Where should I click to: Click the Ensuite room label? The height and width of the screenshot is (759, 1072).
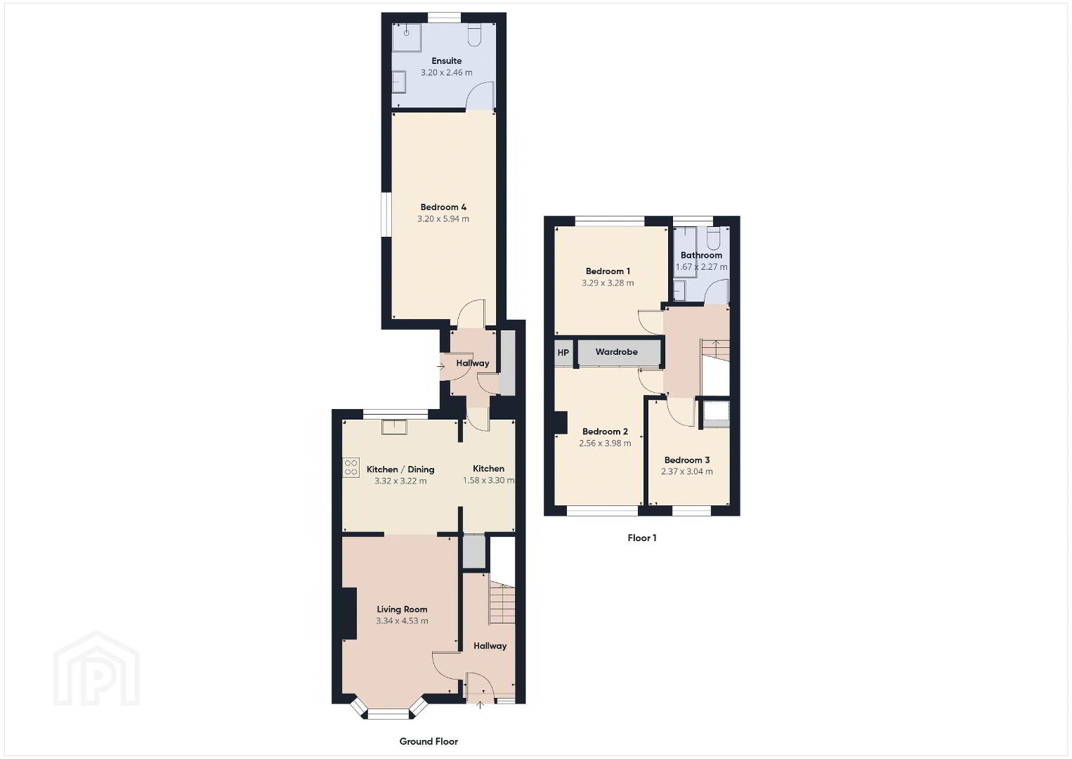pyautogui.click(x=447, y=61)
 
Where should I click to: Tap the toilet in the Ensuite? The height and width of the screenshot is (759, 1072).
pyautogui.click(x=473, y=35)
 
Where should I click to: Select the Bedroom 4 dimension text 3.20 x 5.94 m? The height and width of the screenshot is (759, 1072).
pyautogui.click(x=443, y=219)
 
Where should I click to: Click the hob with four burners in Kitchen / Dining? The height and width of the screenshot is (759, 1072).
pyautogui.click(x=351, y=467)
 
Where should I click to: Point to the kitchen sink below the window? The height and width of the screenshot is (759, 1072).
pyautogui.click(x=394, y=427)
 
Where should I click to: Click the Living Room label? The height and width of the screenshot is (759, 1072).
pyautogui.click(x=402, y=609)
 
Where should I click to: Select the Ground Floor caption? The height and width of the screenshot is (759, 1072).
pyautogui.click(x=429, y=741)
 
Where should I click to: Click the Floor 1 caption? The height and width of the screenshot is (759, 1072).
pyautogui.click(x=642, y=538)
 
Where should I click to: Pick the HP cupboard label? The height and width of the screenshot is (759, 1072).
pyautogui.click(x=563, y=353)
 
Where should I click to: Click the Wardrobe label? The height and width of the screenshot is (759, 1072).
pyautogui.click(x=616, y=352)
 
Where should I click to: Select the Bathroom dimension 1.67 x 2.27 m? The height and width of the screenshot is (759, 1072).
pyautogui.click(x=702, y=267)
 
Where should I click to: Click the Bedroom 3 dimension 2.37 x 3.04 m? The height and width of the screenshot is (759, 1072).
pyautogui.click(x=687, y=471)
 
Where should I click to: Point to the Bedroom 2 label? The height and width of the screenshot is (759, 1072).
pyautogui.click(x=605, y=432)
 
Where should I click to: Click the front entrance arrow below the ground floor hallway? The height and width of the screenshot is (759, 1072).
pyautogui.click(x=481, y=705)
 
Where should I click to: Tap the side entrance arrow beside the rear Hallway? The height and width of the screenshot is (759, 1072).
pyautogui.click(x=440, y=367)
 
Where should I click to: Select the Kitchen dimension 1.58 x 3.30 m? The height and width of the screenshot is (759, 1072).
pyautogui.click(x=489, y=480)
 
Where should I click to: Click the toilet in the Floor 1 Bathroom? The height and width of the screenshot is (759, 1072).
pyautogui.click(x=714, y=239)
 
